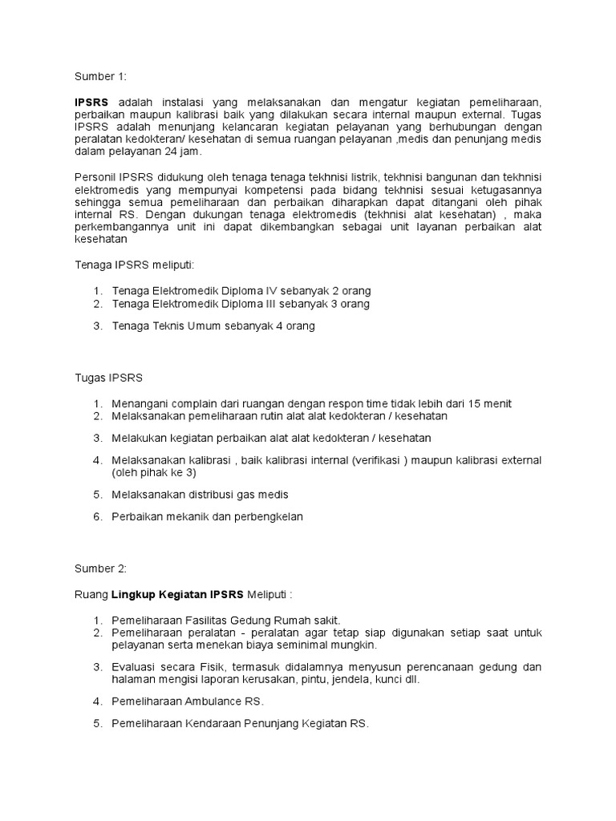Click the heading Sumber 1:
click(x=100, y=77)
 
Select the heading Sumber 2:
click(x=100, y=568)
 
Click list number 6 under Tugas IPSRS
click(x=96, y=517)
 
